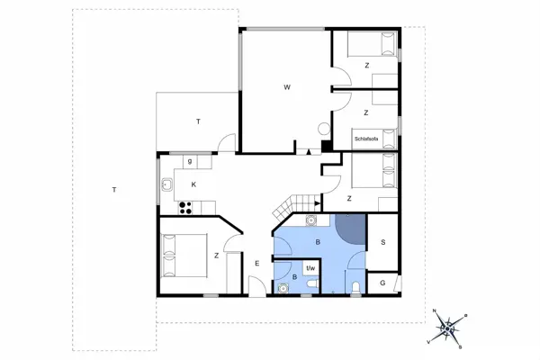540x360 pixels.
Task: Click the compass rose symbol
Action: [x=447, y=328]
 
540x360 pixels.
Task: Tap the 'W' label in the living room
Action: [x=287, y=87]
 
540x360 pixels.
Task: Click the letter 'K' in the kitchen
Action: [x=193, y=184]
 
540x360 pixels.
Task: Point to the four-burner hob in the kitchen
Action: [x=187, y=207]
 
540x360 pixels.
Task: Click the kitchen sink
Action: [x=167, y=186]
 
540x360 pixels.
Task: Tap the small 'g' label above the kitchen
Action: [x=190, y=162]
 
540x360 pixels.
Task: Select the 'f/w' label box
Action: [x=310, y=267]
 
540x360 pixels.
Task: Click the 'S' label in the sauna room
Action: [x=382, y=242]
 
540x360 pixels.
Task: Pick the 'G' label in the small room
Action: [x=382, y=283]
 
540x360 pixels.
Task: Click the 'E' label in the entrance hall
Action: [x=256, y=263]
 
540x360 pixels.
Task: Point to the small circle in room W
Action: [x=324, y=128]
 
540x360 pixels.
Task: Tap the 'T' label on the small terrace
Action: [x=197, y=121]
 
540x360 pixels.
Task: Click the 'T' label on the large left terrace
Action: [x=113, y=190]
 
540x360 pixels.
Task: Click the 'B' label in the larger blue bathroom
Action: [x=317, y=242]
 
